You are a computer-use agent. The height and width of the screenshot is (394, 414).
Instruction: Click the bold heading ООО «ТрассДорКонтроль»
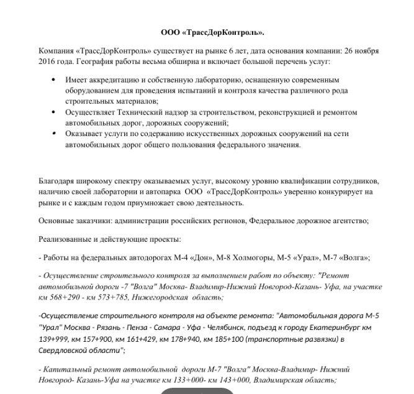(212, 32)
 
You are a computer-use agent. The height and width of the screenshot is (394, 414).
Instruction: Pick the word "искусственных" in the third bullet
(196, 134)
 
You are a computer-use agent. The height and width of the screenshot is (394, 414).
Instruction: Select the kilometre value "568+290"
(69, 298)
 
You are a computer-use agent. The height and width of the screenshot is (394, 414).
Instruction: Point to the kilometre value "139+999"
(54, 339)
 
